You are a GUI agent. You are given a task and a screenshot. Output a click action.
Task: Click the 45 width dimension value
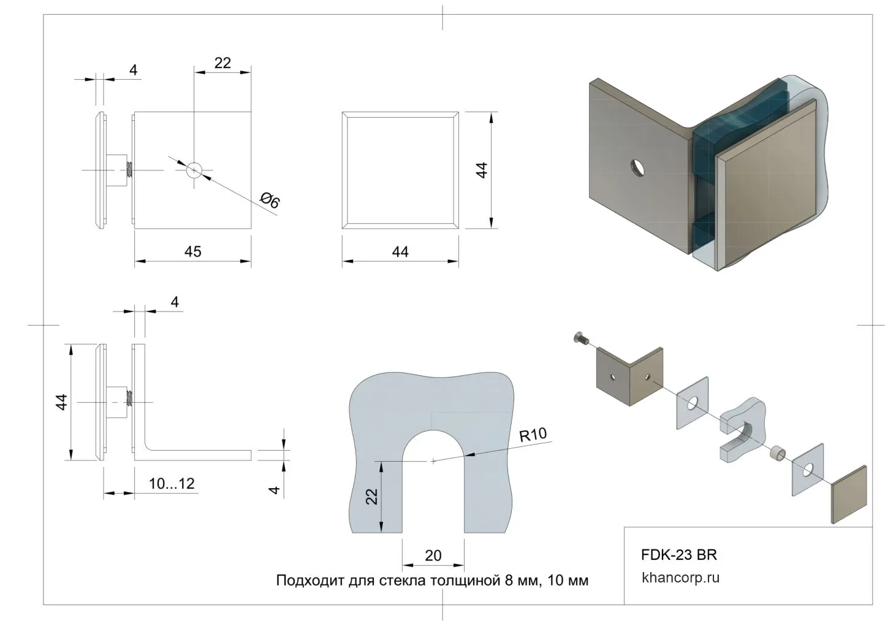[x=192, y=251]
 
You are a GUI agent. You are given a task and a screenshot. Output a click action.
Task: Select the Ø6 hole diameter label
[x=270, y=200]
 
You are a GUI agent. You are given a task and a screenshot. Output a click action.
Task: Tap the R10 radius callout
[x=533, y=435]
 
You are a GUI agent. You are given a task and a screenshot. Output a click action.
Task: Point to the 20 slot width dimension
[x=433, y=555]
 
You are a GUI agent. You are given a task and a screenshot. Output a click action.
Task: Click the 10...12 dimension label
[x=172, y=484]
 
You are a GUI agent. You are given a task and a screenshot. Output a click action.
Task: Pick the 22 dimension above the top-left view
[x=222, y=63]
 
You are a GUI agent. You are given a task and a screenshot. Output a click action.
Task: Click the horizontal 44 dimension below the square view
[x=400, y=252]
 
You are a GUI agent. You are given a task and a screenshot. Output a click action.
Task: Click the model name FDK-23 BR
[x=678, y=555]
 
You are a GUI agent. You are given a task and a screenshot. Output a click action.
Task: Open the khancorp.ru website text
[x=680, y=577]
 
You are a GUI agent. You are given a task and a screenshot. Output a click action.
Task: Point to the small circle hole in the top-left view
[x=194, y=170]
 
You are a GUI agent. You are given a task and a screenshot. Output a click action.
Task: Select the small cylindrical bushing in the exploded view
[x=778, y=454]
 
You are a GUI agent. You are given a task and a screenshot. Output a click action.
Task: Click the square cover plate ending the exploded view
[x=849, y=494]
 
